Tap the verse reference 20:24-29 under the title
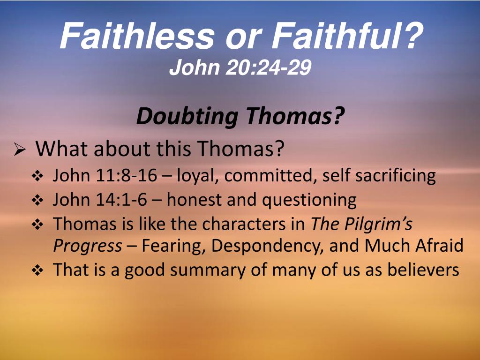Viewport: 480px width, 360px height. pos(268,68)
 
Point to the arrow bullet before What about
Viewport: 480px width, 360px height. pos(20,150)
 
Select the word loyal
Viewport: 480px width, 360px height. pos(194,176)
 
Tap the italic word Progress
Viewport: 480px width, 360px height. pos(87,246)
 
